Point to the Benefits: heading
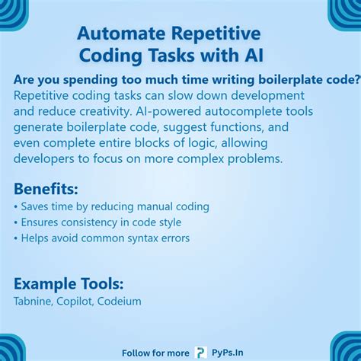pyautogui.click(x=46, y=189)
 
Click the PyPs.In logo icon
pyautogui.click(x=200, y=352)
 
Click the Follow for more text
pyautogui.click(x=156, y=353)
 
